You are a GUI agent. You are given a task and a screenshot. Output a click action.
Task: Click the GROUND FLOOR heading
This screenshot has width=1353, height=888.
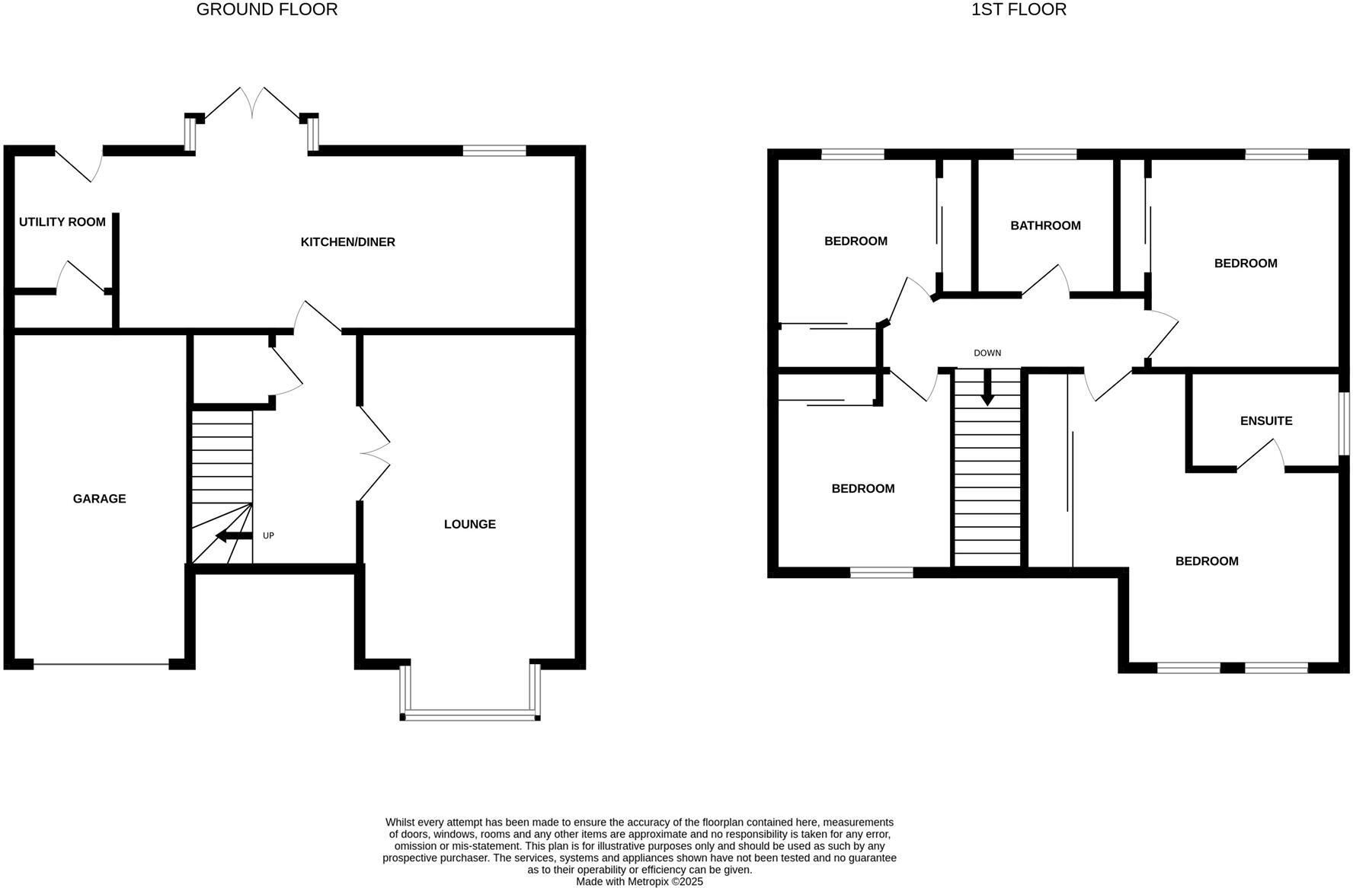(x=267, y=10)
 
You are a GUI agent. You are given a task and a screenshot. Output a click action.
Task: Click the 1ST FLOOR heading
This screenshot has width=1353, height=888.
(x=1019, y=10)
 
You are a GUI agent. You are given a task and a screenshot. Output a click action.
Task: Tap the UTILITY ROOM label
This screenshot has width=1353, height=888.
(x=62, y=222)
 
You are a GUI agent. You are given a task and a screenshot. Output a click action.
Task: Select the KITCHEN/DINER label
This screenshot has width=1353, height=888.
(x=348, y=242)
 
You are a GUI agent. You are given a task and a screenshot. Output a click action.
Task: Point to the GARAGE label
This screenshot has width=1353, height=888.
(x=100, y=499)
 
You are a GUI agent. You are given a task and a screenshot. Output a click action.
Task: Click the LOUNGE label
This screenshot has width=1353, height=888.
(x=470, y=524)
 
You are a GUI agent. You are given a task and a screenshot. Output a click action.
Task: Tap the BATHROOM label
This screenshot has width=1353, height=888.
(x=1045, y=225)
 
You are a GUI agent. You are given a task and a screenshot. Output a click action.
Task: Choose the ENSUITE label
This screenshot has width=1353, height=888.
(x=1266, y=420)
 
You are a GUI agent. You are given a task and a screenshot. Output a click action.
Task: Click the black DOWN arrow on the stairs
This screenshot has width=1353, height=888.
(x=987, y=389)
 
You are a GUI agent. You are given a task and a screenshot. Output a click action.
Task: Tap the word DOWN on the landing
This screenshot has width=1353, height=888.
(x=987, y=353)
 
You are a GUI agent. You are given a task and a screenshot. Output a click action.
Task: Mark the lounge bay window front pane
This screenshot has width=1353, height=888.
(x=470, y=715)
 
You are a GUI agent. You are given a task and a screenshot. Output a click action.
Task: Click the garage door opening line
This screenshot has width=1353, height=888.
(x=101, y=665)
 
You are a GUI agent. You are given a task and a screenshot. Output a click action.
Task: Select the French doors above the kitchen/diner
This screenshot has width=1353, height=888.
(x=253, y=104)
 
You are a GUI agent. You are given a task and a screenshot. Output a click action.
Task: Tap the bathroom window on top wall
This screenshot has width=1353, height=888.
(x=1045, y=155)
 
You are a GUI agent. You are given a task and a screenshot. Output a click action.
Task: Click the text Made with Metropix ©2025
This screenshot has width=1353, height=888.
(x=639, y=882)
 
